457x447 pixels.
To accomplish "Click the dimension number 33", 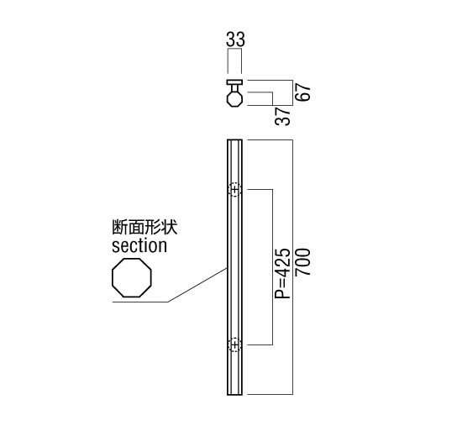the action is click(x=235, y=39).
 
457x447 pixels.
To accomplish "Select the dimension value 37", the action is click(x=283, y=116).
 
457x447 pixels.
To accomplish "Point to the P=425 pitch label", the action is click(x=283, y=273).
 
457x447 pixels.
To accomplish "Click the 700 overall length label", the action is click(x=302, y=262).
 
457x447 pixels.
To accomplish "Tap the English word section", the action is click(x=139, y=246).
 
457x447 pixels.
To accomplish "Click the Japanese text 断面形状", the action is click(x=144, y=228).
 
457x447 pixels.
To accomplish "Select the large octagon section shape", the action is click(x=132, y=277).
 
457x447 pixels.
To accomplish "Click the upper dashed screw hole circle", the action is click(x=234, y=190).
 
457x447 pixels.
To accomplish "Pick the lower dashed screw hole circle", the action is click(x=234, y=344).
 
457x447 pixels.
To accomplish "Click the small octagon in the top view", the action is click(x=234, y=98).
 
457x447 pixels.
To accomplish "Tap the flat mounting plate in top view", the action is click(x=234, y=82).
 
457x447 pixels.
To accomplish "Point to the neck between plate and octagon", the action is click(x=234, y=87).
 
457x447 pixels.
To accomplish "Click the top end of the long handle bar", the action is click(x=234, y=140).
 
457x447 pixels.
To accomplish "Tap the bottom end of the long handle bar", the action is click(x=234, y=394).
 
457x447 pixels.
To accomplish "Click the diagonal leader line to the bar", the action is click(x=197, y=285).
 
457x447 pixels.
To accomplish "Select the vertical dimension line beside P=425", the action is click(x=272, y=267).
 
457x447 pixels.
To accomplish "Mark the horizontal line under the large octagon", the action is click(x=140, y=302).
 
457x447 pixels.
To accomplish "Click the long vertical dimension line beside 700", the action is click(x=292, y=267).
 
